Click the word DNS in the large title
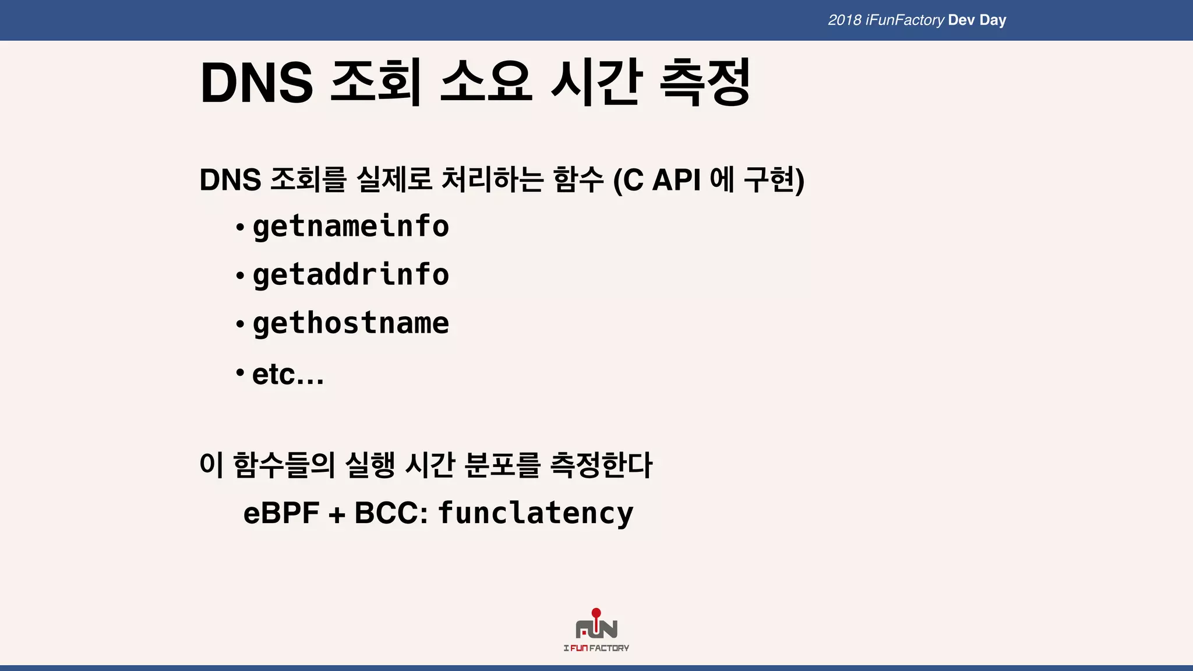tap(256, 83)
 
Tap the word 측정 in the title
tap(704, 83)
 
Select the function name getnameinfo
tap(351, 226)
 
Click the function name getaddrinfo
tap(351, 274)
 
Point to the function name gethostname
tap(351, 323)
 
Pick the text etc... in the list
tap(288, 375)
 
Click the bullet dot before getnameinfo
tap(239, 227)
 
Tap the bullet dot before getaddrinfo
tap(239, 276)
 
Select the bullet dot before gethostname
tap(239, 324)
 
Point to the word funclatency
tap(535, 513)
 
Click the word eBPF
tap(281, 513)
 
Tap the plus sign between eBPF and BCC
tap(337, 515)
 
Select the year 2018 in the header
tap(844, 20)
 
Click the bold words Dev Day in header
tap(977, 20)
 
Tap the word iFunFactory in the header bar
tap(905, 20)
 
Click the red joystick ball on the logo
tap(596, 613)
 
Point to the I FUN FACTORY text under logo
tap(596, 648)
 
